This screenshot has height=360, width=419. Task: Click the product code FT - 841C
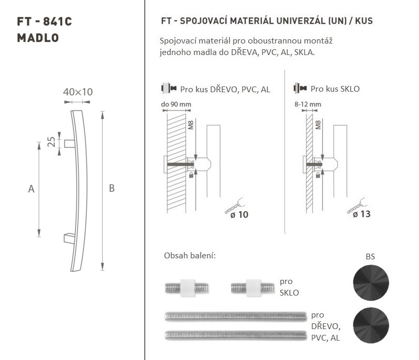(x=45, y=21)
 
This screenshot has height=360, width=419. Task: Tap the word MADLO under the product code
(x=38, y=38)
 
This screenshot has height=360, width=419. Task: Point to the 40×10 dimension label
(x=78, y=92)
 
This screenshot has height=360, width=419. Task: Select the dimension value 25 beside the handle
(x=51, y=141)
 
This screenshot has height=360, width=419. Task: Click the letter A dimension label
(x=31, y=189)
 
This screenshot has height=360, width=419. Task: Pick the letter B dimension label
(x=112, y=188)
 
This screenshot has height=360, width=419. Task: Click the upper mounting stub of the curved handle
(x=70, y=144)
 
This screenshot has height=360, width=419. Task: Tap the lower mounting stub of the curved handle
(x=70, y=238)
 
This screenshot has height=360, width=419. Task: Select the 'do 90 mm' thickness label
(x=176, y=104)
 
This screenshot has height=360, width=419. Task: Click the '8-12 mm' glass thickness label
(x=307, y=104)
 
